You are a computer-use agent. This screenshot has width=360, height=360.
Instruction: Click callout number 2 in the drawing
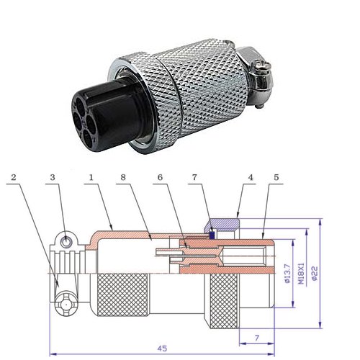pyautogui.click(x=14, y=177)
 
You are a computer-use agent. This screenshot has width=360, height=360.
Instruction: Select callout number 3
pyautogui.click(x=53, y=177)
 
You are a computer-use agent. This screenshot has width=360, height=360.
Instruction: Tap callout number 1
pyautogui.click(x=91, y=177)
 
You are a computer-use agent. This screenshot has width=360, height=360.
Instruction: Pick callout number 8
pyautogui.click(x=123, y=177)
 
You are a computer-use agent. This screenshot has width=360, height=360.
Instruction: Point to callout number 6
pyautogui.click(x=160, y=177)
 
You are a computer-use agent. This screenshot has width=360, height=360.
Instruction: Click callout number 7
pyautogui.click(x=194, y=177)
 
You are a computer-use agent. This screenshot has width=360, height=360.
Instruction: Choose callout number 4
pyautogui.click(x=251, y=177)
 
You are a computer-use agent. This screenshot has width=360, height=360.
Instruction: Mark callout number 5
pyautogui.click(x=276, y=177)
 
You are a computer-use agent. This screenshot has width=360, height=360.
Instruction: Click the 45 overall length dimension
pyautogui.click(x=162, y=348)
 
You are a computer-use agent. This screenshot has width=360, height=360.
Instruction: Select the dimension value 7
pyautogui.click(x=257, y=338)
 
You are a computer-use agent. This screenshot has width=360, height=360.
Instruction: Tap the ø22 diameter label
pyautogui.click(x=315, y=273)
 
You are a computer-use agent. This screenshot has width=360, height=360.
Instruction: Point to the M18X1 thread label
pyautogui.click(x=301, y=274)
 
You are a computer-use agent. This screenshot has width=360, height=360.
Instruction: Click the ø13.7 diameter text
pyautogui.click(x=287, y=274)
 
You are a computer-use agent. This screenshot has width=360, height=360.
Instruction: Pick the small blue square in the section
pyautogui.click(x=212, y=235)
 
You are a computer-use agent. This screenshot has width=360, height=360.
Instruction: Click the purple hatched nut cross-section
pyautogui.click(x=222, y=224)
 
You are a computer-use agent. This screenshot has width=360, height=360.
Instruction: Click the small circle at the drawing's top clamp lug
pyautogui.click(x=66, y=241)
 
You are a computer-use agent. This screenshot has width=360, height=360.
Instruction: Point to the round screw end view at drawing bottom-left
pyautogui.click(x=66, y=305)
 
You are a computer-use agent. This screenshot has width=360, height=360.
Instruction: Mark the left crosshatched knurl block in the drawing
pyautogui.click(x=122, y=295)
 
